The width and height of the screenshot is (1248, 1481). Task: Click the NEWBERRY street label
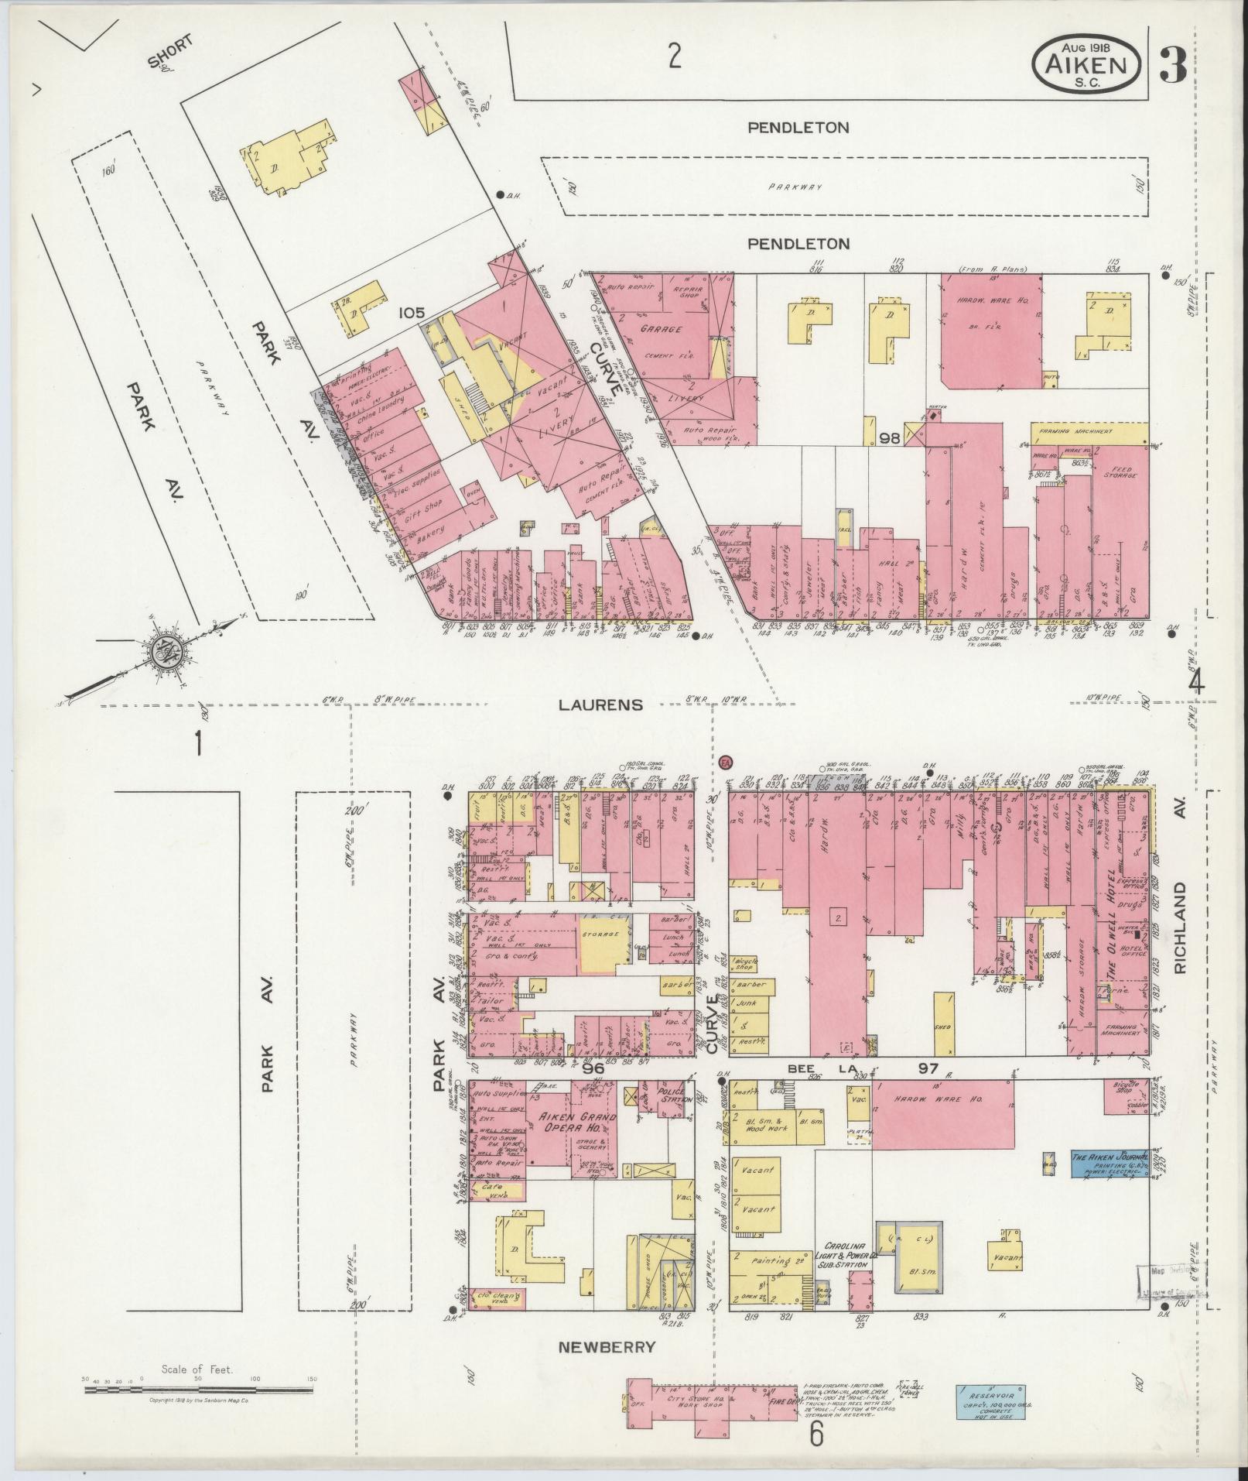[607, 1348]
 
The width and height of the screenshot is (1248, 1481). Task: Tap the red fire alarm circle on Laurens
[725, 763]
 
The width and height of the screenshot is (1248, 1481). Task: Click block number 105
[412, 313]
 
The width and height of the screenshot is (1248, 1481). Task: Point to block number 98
[890, 437]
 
